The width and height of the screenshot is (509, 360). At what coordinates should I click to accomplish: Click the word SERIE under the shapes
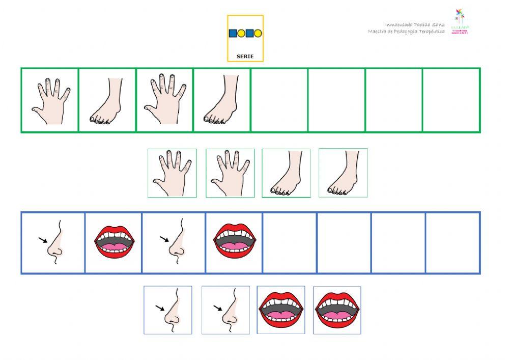[x=245, y=56]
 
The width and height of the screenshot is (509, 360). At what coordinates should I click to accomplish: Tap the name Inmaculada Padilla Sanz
[x=415, y=24]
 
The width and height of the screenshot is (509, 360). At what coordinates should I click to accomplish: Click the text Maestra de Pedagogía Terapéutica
[x=406, y=32]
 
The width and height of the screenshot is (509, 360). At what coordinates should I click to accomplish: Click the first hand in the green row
[x=49, y=100]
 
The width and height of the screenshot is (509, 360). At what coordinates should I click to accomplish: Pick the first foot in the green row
[x=107, y=100]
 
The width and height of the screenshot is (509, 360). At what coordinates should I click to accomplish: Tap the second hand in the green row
[x=164, y=100]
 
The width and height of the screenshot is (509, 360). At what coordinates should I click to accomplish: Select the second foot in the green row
[x=222, y=100]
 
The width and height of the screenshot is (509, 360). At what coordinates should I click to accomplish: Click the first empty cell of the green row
[x=279, y=100]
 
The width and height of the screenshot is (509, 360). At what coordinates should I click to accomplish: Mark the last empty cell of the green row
[x=451, y=100]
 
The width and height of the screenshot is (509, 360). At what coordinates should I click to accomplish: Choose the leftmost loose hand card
[x=172, y=173]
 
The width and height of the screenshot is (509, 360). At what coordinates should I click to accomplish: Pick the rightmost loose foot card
[x=343, y=173]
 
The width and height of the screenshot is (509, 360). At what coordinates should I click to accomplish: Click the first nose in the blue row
[x=53, y=243]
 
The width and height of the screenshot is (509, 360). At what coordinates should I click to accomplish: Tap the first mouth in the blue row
[x=114, y=243]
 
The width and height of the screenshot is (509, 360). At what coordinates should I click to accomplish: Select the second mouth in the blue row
[x=234, y=243]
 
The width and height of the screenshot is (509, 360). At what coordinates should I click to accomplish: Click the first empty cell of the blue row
[x=290, y=243]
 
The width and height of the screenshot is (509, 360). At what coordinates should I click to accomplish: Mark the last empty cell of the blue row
[x=453, y=243]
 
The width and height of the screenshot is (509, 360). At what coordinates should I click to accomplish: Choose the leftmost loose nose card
[x=168, y=310]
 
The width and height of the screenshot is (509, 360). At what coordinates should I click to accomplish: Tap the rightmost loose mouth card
[x=337, y=310]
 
